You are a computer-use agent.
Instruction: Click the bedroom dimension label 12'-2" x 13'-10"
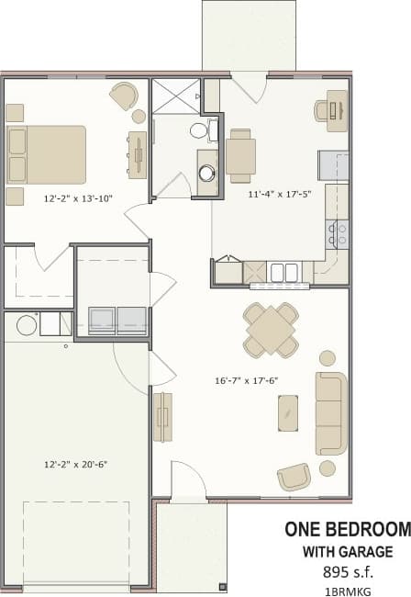78,197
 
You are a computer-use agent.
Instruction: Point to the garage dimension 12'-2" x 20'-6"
76,464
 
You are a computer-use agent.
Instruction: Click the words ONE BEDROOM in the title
346,530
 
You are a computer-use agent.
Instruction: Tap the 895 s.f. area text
348,571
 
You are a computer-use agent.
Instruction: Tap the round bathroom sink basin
207,171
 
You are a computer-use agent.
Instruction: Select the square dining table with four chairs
271,330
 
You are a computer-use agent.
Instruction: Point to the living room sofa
331,413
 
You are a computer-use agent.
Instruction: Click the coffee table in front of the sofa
289,411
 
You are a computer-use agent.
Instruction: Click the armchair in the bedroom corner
124,96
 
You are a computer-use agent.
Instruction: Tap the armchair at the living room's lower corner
294,476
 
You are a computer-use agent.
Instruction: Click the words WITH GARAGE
348,552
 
